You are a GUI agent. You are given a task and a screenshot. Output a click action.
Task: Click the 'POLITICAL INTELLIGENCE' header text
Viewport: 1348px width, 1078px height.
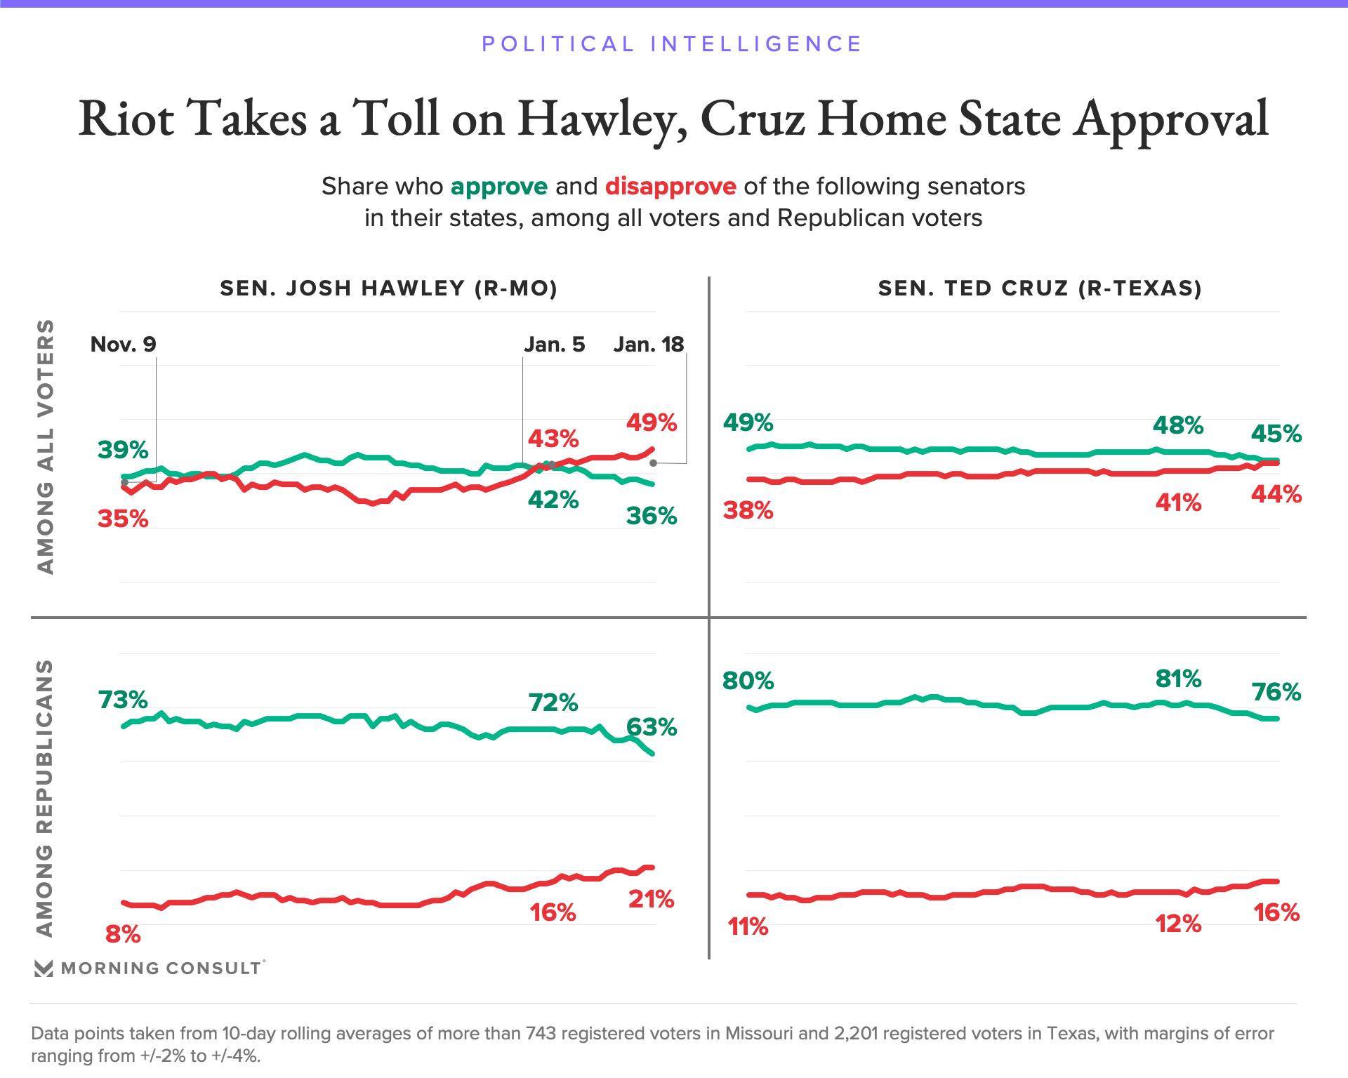pos(672,44)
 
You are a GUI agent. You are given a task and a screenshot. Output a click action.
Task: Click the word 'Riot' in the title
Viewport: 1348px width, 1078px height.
pos(126,119)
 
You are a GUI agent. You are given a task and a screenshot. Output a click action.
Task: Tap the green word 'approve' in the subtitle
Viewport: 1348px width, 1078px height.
pos(498,187)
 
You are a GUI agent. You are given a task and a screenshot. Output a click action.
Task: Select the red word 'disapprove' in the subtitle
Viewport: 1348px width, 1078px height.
pos(670,187)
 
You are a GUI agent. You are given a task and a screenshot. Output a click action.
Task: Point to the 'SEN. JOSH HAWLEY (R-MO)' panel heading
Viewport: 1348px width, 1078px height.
pos(388,288)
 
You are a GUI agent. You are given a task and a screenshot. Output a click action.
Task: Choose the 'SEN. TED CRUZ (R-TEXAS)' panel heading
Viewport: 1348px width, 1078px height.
pos(1040,288)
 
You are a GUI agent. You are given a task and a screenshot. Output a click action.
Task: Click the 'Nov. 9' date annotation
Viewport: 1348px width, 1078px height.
pos(124,345)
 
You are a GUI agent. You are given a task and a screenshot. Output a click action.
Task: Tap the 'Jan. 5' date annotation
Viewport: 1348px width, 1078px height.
pos(554,345)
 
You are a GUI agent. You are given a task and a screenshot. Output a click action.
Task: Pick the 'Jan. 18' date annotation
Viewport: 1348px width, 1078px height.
pos(648,345)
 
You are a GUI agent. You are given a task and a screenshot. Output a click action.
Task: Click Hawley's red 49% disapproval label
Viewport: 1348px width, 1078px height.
pos(652,422)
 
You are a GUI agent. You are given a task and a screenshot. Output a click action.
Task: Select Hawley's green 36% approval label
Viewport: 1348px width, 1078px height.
pos(652,517)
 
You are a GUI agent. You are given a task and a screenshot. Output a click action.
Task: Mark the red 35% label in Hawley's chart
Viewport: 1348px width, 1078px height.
pos(123,519)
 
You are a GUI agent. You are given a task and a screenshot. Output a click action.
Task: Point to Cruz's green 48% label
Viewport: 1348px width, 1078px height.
pos(1178,425)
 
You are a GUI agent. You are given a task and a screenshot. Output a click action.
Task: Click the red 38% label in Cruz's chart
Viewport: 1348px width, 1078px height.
pos(748,510)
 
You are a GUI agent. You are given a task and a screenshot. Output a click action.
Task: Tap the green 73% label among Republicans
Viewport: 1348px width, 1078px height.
pos(123,700)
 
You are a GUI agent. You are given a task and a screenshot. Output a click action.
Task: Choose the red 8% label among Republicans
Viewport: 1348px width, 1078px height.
pos(123,934)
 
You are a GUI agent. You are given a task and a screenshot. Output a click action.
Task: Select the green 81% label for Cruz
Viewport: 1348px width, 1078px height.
pos(1178,679)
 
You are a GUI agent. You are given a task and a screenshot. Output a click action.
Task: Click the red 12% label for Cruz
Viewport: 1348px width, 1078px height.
pos(1178,924)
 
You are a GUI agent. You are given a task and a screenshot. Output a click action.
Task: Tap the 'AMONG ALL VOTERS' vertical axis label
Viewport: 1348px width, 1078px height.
pos(46,447)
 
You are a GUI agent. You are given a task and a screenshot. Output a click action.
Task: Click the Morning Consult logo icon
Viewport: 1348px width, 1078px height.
pos(44,969)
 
